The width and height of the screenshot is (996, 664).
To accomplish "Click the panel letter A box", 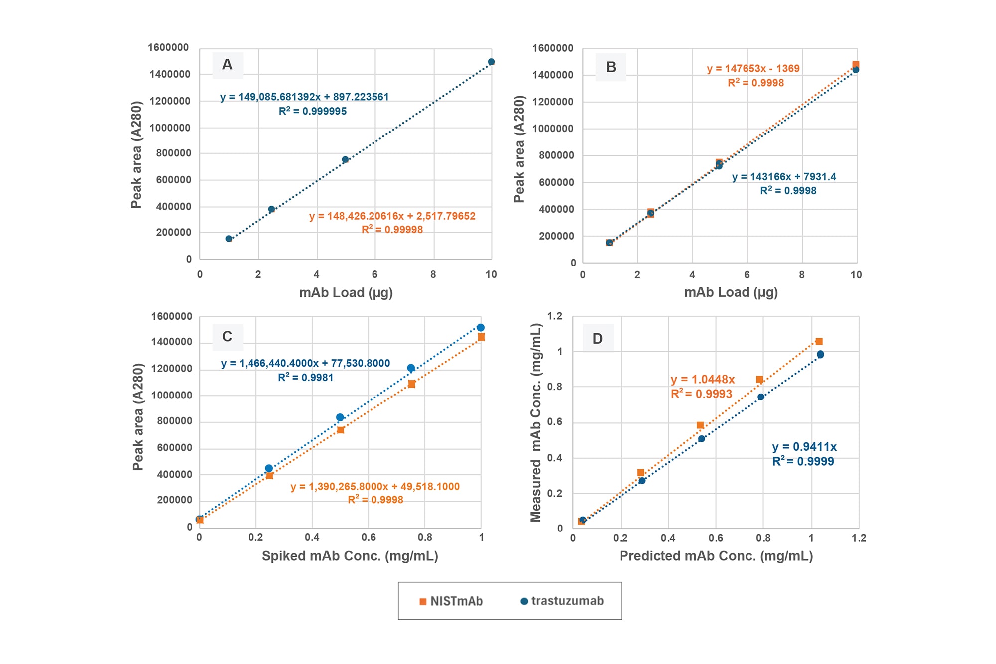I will tap(228, 65).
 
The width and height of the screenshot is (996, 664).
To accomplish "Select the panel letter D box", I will tap(598, 339).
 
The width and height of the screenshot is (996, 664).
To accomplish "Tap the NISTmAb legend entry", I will tap(451, 601).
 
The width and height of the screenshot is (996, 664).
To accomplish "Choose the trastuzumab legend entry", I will tap(562, 601).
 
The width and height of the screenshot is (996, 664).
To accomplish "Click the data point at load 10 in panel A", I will tap(491, 62).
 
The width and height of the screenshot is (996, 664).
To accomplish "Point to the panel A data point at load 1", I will tap(229, 239).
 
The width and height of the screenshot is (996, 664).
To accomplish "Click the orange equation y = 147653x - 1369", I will tap(753, 69).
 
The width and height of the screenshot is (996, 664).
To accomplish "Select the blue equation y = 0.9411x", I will tap(804, 447).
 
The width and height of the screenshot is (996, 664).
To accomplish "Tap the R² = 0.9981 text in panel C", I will tap(305, 378).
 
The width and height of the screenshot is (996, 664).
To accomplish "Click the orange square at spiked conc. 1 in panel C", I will tap(481, 337).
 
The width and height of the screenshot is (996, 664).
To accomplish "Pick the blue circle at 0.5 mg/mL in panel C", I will tap(340, 417).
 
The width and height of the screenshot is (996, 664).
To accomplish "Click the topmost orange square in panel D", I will tap(819, 341).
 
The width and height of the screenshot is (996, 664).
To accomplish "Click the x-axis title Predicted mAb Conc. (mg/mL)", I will tap(716, 556).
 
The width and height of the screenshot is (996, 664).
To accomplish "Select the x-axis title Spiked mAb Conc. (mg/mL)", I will tap(350, 556).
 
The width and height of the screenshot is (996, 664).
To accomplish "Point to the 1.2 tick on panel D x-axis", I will tap(859, 538).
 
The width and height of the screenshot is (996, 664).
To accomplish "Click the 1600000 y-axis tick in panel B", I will tap(553, 48).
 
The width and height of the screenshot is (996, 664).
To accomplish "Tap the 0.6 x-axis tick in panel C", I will tap(369, 537).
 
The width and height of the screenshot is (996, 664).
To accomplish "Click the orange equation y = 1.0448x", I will tap(702, 380).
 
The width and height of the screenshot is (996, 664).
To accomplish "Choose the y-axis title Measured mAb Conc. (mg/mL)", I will tap(536, 422).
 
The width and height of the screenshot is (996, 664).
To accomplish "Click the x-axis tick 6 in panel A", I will tap(374, 274).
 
